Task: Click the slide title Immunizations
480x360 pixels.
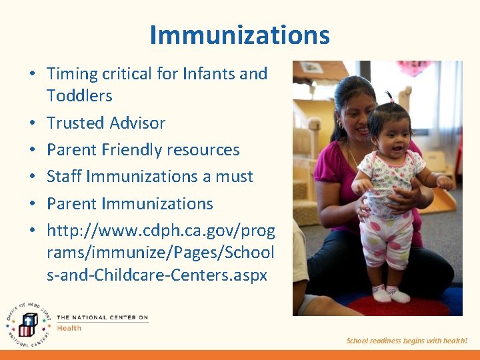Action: pyautogui.click(x=239, y=35)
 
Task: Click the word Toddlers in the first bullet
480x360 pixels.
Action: pyautogui.click(x=79, y=96)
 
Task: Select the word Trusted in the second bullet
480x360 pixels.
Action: pyautogui.click(x=74, y=123)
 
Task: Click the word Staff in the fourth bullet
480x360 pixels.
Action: pyautogui.click(x=64, y=177)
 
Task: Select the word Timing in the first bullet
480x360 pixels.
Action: pyautogui.click(x=72, y=74)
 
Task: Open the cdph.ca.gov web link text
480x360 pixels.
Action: pyautogui.click(x=160, y=253)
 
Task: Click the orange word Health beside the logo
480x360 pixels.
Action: pyautogui.click(x=69, y=328)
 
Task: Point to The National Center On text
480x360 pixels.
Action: pyautogui.click(x=102, y=318)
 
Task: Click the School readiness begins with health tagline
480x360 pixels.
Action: pyautogui.click(x=406, y=341)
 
